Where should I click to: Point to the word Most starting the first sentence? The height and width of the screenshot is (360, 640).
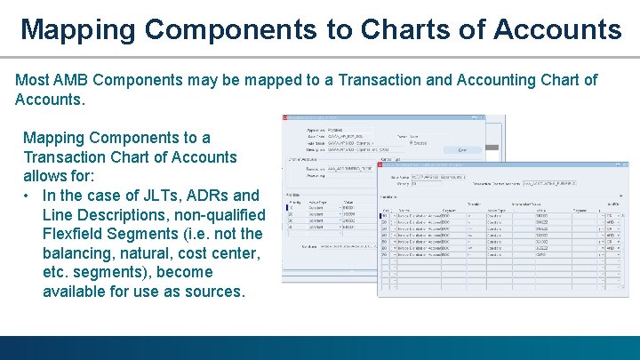pos(33,80)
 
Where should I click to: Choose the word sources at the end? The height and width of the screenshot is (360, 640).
pos(213,292)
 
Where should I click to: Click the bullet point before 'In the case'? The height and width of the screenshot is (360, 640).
pos(29,196)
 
